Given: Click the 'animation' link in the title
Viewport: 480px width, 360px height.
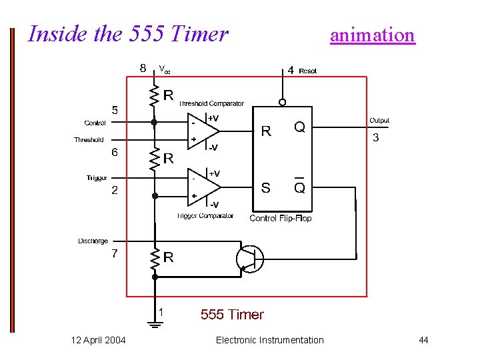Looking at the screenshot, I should coord(372,35).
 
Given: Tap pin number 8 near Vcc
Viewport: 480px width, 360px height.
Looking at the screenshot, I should coord(143,67).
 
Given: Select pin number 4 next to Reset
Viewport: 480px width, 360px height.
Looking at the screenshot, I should coord(290,69).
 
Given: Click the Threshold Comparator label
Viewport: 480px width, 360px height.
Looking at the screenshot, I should coord(211,103).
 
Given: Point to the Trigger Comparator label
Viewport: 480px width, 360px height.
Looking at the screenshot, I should coord(205,215).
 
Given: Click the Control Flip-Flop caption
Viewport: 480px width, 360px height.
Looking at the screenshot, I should coord(280,218).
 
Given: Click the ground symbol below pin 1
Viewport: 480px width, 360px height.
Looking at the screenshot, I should coord(155,325).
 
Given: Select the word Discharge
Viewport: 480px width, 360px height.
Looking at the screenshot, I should coord(93,241).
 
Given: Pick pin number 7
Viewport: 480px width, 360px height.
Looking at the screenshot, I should coord(115,253).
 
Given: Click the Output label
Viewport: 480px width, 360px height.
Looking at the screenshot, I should coord(379,121).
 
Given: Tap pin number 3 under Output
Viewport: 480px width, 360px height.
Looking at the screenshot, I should coord(376,138).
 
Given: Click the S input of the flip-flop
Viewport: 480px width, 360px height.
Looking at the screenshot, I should coord(265,188).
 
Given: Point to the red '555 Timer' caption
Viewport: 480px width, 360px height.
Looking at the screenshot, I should coord(232,315).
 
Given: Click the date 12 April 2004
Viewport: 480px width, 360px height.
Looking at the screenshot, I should coord(98,340).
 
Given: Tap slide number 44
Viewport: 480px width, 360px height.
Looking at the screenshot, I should coord(423,340).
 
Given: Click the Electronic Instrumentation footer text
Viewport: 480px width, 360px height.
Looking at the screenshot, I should coord(270,340).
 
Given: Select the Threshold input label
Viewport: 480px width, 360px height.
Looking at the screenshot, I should coord(89,140).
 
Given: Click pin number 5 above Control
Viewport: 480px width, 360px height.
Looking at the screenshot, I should coord(114,110).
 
